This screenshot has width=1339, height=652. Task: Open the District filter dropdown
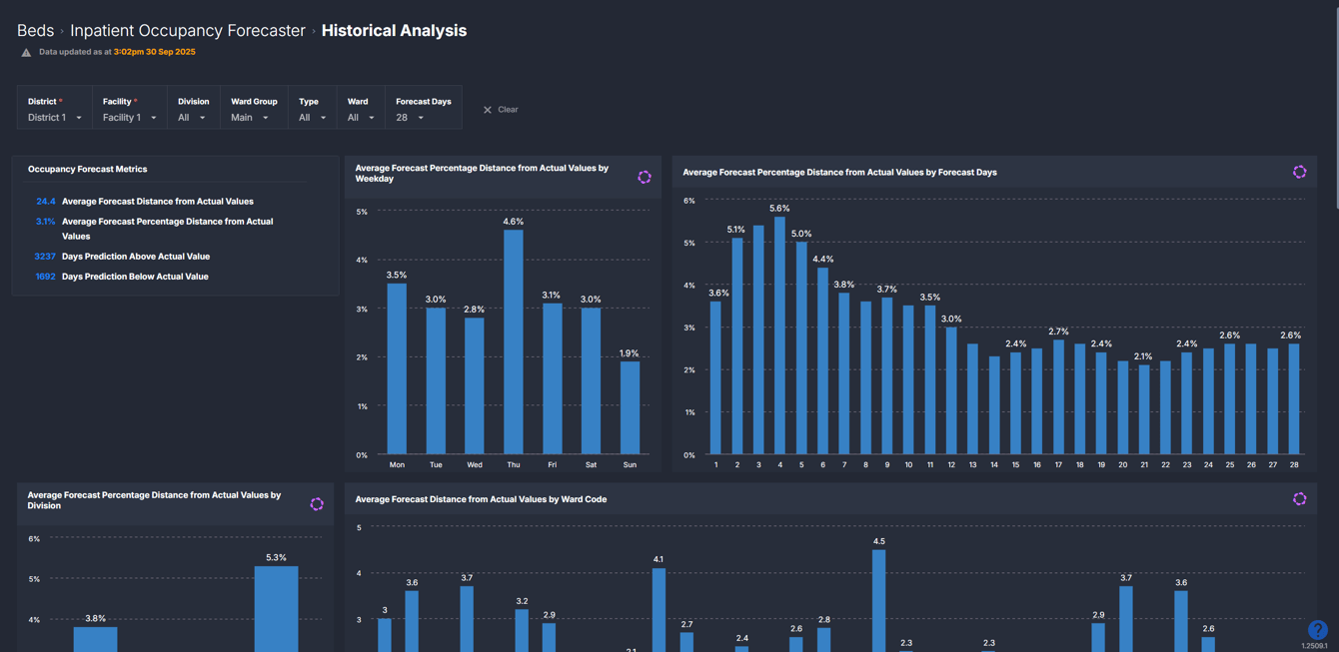(55, 118)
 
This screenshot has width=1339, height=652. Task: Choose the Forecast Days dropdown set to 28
(411, 118)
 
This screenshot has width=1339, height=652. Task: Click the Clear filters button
(501, 110)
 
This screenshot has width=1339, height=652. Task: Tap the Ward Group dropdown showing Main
(250, 118)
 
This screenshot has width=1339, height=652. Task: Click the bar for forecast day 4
(780, 335)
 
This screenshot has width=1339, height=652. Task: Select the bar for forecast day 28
(1294, 399)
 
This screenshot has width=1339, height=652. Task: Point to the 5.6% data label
(779, 209)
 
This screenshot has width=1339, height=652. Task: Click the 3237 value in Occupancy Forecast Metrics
(45, 257)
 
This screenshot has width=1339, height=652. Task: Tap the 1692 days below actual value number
(45, 277)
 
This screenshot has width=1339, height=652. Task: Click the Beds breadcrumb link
(35, 31)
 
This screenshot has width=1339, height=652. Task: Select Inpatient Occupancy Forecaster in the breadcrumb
(188, 31)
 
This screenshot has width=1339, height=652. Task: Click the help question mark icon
(1317, 629)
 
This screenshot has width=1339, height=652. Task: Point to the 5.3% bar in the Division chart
(276, 609)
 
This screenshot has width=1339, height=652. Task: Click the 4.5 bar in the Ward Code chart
(878, 600)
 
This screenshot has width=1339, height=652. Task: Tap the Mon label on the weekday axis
(397, 465)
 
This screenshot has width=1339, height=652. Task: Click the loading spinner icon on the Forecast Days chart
(1299, 172)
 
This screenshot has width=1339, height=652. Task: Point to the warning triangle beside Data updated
(26, 52)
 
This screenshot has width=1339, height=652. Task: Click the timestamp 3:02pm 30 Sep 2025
(154, 52)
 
